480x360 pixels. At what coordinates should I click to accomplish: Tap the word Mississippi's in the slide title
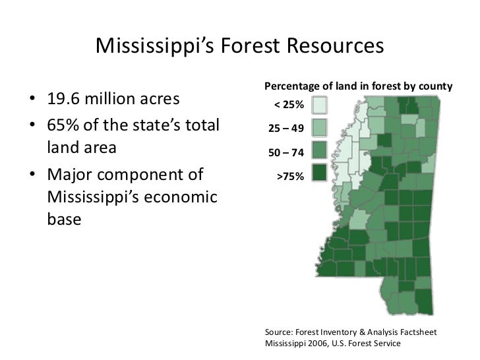coord(152,47)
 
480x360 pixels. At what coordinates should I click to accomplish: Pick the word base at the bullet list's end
coord(65,220)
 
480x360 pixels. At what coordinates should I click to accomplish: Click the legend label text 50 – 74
coord(285,153)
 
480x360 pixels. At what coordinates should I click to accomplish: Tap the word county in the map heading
coord(436,86)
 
